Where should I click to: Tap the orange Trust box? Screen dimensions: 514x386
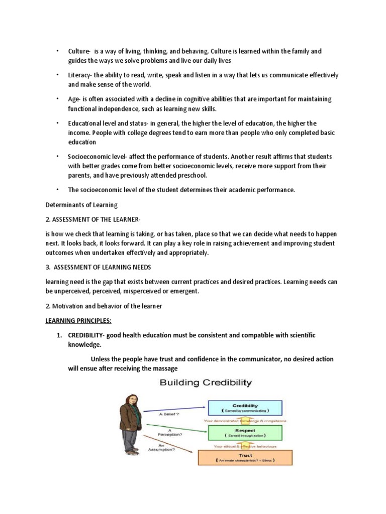pyautogui.click(x=245, y=457)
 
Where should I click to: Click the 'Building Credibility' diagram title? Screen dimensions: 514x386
pyautogui.click(x=206, y=383)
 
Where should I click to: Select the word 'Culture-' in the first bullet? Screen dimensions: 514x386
pyautogui.click(x=79, y=51)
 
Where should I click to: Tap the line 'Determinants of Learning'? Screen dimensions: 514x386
pyautogui.click(x=81, y=205)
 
